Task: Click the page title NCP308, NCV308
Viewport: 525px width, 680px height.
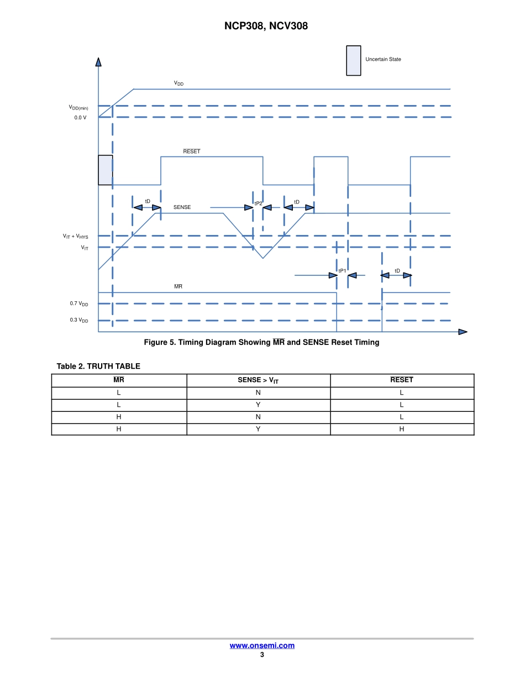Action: coord(266,26)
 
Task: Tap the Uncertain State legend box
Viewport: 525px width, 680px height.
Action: coord(353,60)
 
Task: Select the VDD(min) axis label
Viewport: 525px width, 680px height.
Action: coord(78,108)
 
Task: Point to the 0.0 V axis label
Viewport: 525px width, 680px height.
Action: coord(80,118)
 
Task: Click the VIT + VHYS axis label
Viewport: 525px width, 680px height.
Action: coord(75,236)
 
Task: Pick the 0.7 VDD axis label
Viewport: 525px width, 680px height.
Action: coord(79,304)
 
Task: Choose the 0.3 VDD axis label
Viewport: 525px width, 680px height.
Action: coord(79,320)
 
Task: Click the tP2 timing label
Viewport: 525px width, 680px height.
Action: coord(258,203)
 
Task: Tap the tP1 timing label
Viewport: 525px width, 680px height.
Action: coord(342,271)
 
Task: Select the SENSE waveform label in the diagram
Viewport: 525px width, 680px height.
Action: coord(182,207)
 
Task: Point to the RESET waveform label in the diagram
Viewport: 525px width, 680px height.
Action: coord(192,151)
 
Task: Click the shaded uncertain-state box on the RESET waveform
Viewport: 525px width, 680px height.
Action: coord(106,170)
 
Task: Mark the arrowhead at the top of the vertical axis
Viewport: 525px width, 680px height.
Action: coord(98,62)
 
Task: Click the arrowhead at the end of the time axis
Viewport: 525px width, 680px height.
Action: coord(463,332)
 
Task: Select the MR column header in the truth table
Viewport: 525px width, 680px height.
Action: coord(119,380)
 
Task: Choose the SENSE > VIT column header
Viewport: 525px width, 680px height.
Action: coord(258,380)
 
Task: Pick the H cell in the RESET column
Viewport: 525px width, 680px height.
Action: coord(402,429)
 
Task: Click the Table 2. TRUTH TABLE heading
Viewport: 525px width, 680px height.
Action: coord(98,366)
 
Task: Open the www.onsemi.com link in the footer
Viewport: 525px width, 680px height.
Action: coord(262,646)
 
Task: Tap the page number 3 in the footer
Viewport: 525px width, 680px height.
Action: coord(262,655)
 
